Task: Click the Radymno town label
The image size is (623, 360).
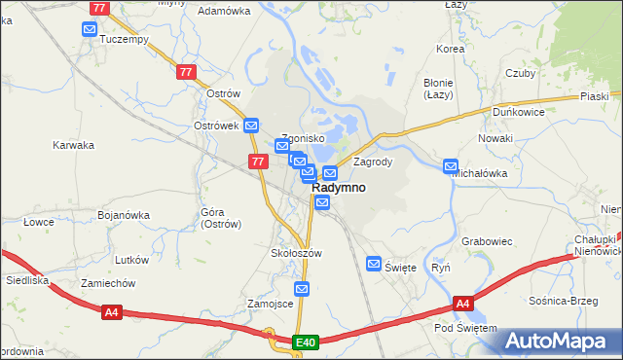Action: [x=339, y=188]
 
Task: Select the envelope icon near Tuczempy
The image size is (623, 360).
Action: [x=90, y=30]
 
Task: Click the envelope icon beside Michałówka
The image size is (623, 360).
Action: [x=451, y=166]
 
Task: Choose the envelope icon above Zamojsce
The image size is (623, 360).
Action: [x=302, y=289]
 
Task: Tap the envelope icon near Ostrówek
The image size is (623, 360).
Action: [x=251, y=126]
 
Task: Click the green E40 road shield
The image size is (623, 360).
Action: [x=306, y=342]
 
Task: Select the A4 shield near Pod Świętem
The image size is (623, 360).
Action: [x=463, y=305]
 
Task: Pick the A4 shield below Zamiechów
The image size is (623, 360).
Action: [x=112, y=312]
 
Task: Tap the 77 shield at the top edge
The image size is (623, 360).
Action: [x=99, y=7]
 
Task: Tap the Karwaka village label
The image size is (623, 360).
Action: [x=73, y=145]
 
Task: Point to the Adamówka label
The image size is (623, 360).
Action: [x=224, y=11]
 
